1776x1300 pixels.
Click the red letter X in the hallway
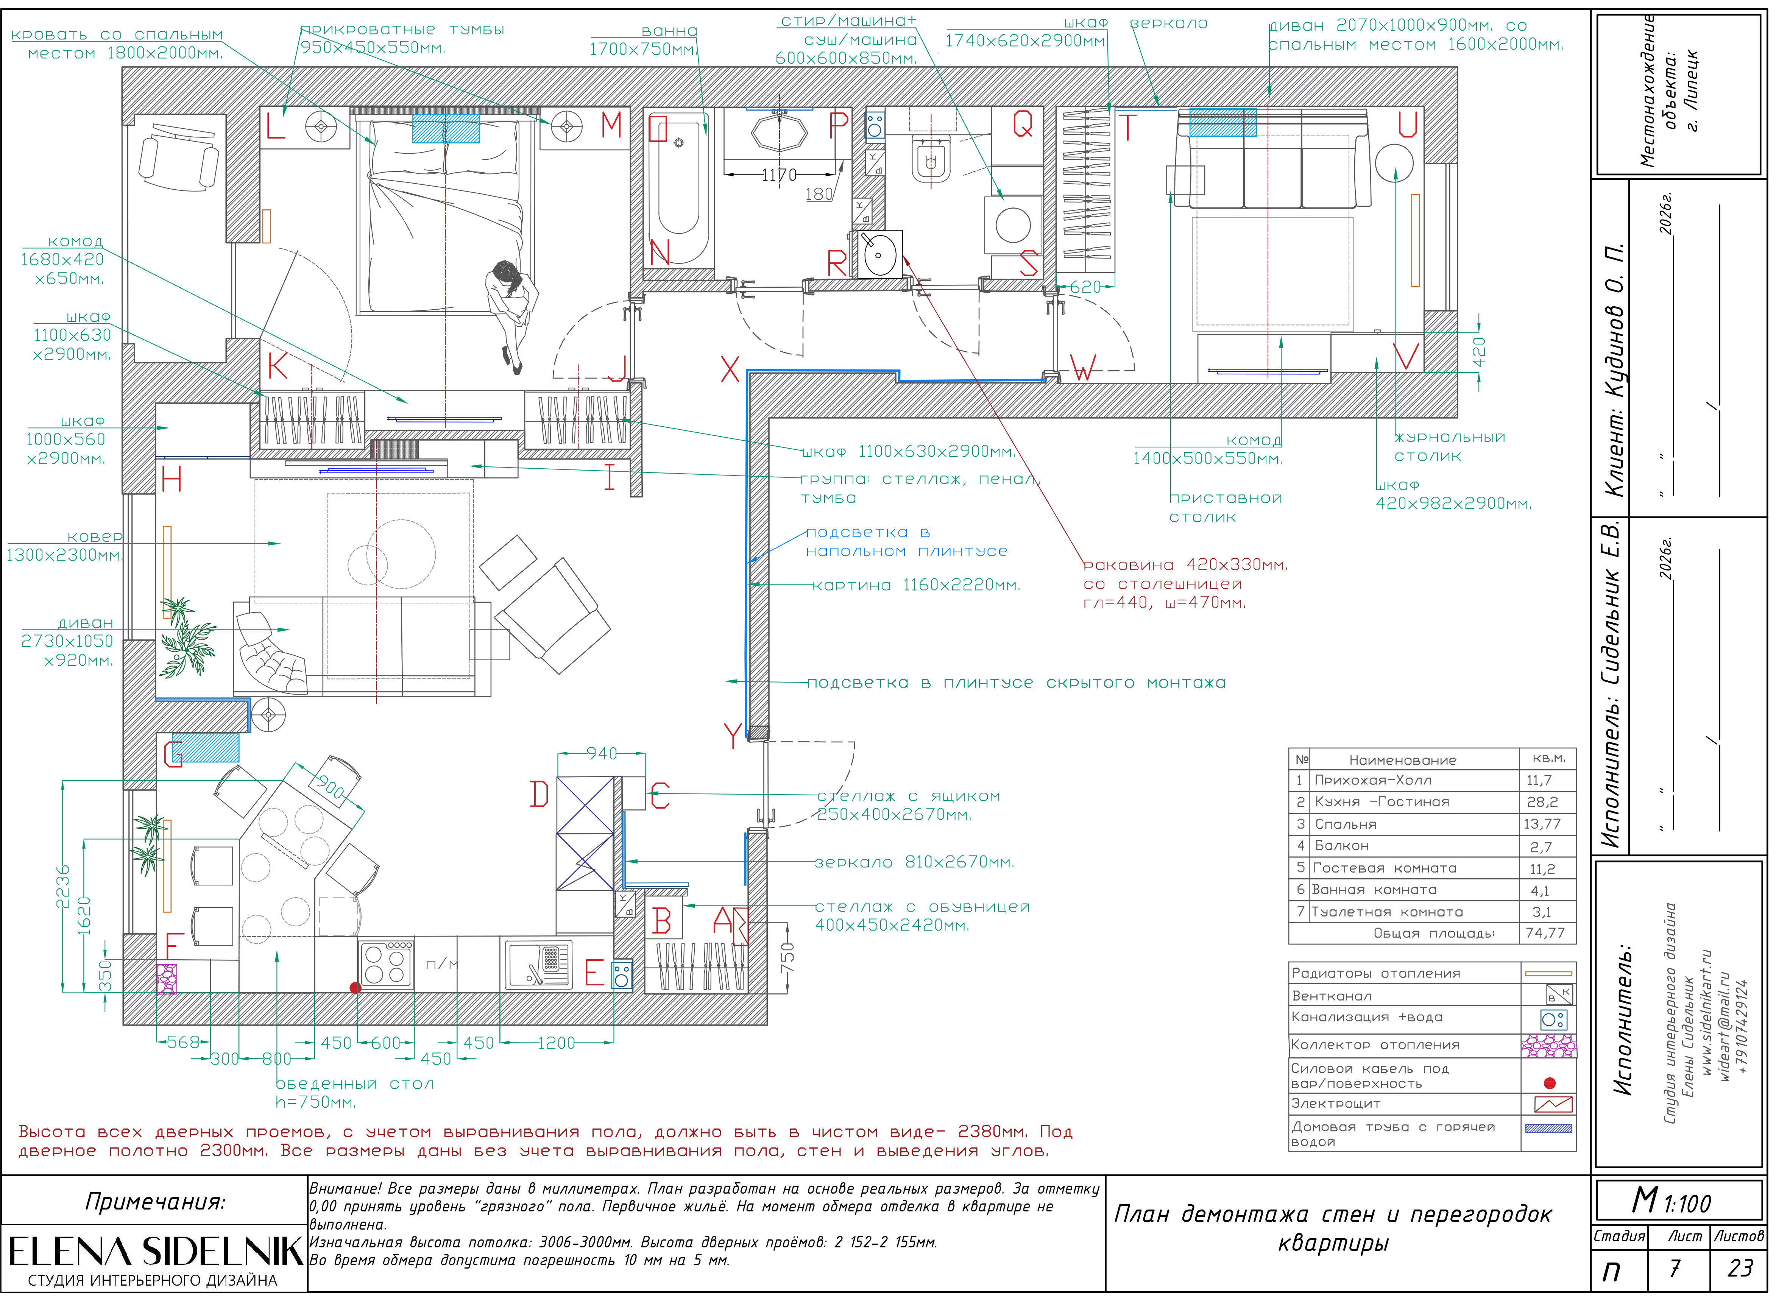(x=730, y=368)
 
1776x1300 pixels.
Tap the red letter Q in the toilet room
(x=1022, y=123)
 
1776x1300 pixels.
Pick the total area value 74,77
(x=1545, y=933)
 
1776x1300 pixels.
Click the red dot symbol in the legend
(x=1549, y=1083)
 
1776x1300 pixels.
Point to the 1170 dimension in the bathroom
(x=779, y=175)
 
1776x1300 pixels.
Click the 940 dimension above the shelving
(x=602, y=753)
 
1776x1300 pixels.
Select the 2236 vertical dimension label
(x=63, y=886)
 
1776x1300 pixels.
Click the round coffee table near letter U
(x=1394, y=164)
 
